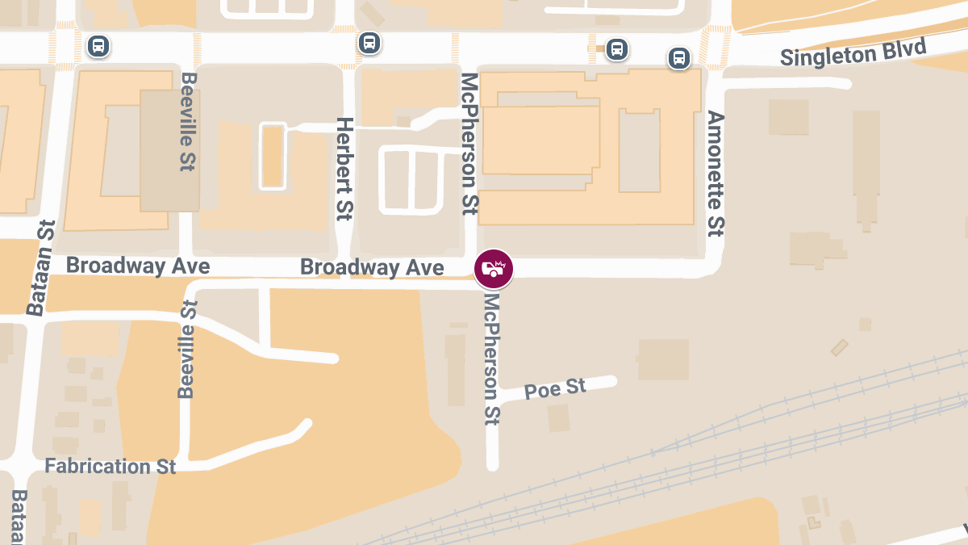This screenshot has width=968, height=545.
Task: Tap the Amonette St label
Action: pos(715,174)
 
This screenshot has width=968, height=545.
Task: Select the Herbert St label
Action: pos(344,169)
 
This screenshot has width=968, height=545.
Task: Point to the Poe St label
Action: pos(555,389)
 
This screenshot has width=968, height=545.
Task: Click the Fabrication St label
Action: pos(111,467)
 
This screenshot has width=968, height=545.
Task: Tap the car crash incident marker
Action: pos(494,270)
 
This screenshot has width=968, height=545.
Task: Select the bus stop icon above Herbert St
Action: pos(369,43)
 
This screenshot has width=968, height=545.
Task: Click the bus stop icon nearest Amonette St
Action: pos(679,58)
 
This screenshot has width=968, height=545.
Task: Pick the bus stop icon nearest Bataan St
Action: pos(98,46)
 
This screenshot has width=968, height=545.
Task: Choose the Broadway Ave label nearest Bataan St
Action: pos(138,266)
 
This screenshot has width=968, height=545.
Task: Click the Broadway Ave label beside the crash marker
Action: pos(372,267)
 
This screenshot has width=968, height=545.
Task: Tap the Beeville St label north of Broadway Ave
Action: pos(189,121)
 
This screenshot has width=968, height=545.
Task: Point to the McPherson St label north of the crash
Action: pos(469,143)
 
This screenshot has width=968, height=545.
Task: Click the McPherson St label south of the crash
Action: pos(492,358)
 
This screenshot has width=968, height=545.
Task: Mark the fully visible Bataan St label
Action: pos(40,268)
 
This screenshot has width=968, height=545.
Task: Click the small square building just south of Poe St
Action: pos(558,417)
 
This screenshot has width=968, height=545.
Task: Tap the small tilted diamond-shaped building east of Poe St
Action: pos(841,347)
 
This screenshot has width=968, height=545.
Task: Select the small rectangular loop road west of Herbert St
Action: pos(273,156)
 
